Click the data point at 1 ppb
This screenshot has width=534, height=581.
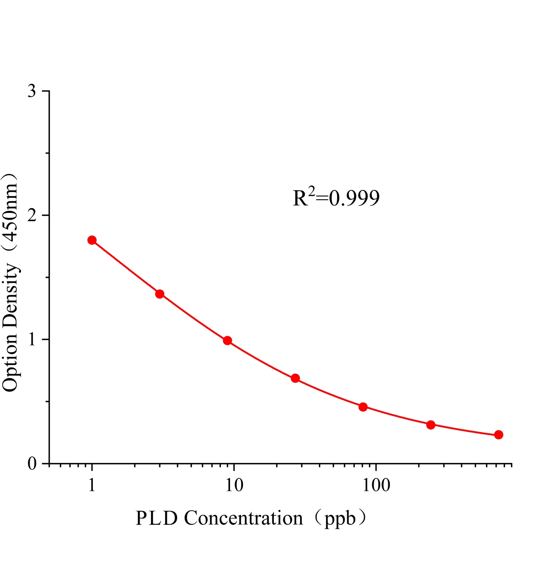(x=92, y=240)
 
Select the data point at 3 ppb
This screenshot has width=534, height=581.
(x=160, y=294)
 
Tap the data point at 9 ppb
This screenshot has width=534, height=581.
(x=227, y=341)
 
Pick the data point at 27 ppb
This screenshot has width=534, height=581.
(x=295, y=378)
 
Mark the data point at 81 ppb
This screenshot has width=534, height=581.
(x=363, y=407)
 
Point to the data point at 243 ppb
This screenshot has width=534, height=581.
(x=431, y=425)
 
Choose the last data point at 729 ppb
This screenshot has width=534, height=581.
(x=499, y=435)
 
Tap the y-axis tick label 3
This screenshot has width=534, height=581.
(x=32, y=91)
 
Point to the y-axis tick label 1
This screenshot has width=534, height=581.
(x=32, y=340)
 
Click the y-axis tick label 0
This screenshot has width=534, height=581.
(x=32, y=464)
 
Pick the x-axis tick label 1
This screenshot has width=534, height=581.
(x=92, y=485)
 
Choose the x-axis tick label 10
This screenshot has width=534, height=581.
(x=234, y=485)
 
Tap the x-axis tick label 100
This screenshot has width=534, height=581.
(x=376, y=485)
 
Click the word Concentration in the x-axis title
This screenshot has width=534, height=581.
(x=243, y=518)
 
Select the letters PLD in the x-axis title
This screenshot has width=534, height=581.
(x=157, y=518)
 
